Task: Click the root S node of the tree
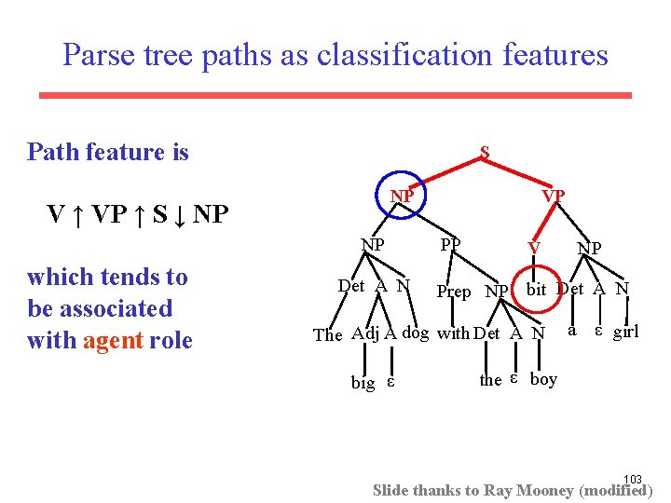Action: pyautogui.click(x=485, y=152)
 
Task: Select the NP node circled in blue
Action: pyautogui.click(x=403, y=197)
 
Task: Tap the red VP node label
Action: pyautogui.click(x=554, y=197)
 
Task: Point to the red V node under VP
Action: pyautogui.click(x=533, y=248)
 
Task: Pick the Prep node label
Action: pyautogui.click(x=454, y=292)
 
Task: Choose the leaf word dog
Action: pyautogui.click(x=416, y=333)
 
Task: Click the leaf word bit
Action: pyautogui.click(x=536, y=289)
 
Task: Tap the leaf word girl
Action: pyautogui.click(x=625, y=332)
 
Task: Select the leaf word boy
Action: pyautogui.click(x=543, y=378)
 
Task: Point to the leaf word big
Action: pyautogui.click(x=363, y=382)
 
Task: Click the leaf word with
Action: pyautogui.click(x=453, y=333)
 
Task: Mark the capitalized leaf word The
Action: pyautogui.click(x=328, y=334)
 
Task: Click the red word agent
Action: pyautogui.click(x=111, y=340)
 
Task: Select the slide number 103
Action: pyautogui.click(x=633, y=479)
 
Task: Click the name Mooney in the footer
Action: pyautogui.click(x=542, y=490)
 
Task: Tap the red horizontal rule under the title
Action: pyautogui.click(x=335, y=95)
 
